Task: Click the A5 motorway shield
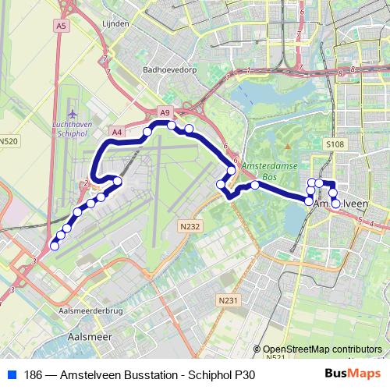click(62, 26)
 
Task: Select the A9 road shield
click(165, 113)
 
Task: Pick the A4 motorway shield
click(117, 133)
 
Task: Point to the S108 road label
click(335, 144)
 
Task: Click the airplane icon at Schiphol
click(73, 112)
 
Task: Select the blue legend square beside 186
click(11, 375)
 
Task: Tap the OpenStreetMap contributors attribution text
click(322, 349)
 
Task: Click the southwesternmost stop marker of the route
click(54, 246)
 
